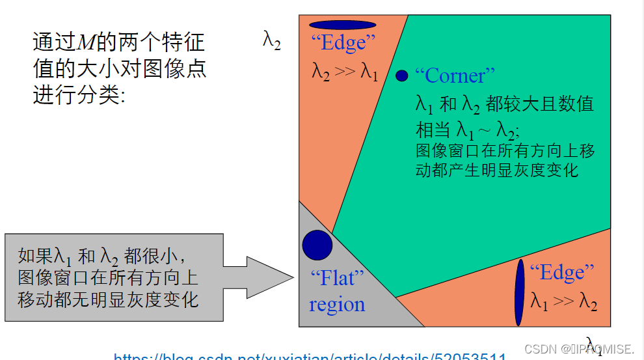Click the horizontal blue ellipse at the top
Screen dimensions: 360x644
tap(343, 25)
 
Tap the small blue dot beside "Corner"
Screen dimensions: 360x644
tap(401, 76)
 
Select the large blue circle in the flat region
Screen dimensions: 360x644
tap(317, 245)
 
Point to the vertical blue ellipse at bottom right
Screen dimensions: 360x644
tap(519, 292)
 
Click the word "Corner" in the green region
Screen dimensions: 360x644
tap(459, 76)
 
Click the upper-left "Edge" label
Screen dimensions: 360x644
tap(343, 44)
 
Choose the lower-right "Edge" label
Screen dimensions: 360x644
tap(562, 272)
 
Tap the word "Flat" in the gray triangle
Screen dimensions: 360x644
tap(337, 279)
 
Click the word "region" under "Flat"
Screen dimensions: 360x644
tap(337, 305)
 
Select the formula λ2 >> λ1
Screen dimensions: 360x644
tap(345, 71)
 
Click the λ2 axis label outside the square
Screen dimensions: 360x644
tap(272, 40)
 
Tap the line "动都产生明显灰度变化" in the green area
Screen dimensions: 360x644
tap(497, 171)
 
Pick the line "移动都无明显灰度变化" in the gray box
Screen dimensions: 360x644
tap(108, 299)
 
